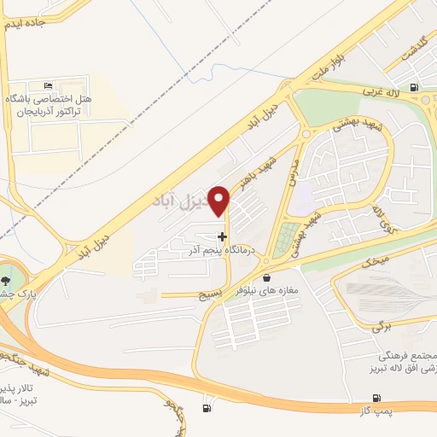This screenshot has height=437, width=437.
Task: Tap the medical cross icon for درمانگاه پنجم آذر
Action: tap(223, 236)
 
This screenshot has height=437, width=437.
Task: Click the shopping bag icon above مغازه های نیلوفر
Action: tap(267, 277)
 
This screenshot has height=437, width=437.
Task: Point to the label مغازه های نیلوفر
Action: tap(268, 291)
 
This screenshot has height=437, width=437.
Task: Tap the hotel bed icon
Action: tap(47, 86)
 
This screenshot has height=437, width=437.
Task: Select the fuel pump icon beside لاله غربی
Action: tap(415, 86)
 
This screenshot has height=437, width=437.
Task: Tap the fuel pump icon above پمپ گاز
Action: tap(376, 399)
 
